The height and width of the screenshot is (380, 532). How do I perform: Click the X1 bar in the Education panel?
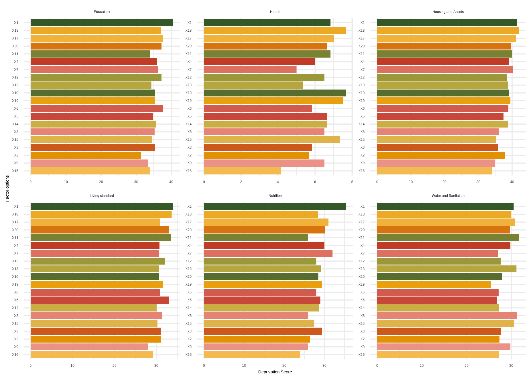102,23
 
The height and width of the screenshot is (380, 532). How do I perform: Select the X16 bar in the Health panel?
242,171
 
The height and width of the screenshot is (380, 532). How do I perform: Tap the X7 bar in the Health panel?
250,69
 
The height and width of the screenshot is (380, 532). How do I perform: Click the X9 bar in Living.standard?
89,347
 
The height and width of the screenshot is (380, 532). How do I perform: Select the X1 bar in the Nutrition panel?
275,206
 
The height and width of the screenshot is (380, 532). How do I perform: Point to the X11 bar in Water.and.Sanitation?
448,238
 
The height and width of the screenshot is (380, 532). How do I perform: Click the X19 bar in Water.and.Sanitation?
434,284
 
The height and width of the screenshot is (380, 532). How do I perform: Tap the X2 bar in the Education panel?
86,155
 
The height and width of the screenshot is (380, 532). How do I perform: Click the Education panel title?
102,12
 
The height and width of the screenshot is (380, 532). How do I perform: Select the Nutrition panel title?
275,196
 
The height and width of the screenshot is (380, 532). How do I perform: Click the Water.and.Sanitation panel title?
448,196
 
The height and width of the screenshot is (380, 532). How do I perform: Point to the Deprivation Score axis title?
275,372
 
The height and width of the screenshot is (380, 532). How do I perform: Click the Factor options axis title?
7,189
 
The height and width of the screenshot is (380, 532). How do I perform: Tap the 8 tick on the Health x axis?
352,182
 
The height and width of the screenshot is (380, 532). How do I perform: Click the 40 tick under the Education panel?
171,182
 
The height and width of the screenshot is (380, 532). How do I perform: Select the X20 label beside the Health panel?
188,46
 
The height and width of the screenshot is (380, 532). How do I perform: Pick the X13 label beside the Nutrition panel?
188,269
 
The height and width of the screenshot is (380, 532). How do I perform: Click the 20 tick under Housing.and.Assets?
444,182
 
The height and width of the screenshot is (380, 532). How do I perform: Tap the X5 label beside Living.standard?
16,300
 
